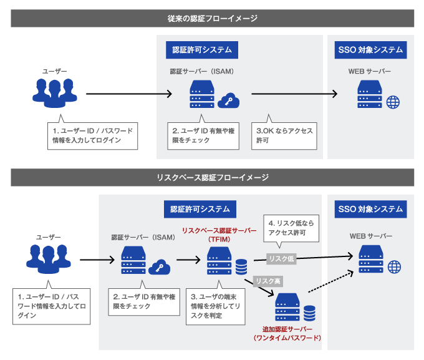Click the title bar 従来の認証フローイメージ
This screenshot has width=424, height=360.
[x=212, y=18]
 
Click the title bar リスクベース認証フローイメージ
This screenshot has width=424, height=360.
[x=212, y=177]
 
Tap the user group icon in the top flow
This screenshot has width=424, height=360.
[x=55, y=92]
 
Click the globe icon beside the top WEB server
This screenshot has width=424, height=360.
[x=392, y=102]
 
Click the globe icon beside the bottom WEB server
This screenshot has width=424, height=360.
[x=393, y=267]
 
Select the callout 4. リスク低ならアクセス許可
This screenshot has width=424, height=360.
[x=291, y=227]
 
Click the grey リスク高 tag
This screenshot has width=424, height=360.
[x=267, y=281]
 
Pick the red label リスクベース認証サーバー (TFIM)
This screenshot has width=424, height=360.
[x=218, y=235]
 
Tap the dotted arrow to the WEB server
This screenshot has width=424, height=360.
[x=330, y=285]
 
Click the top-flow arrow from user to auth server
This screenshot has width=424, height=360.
[x=128, y=94]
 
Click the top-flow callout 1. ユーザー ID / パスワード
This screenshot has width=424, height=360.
[x=93, y=135]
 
